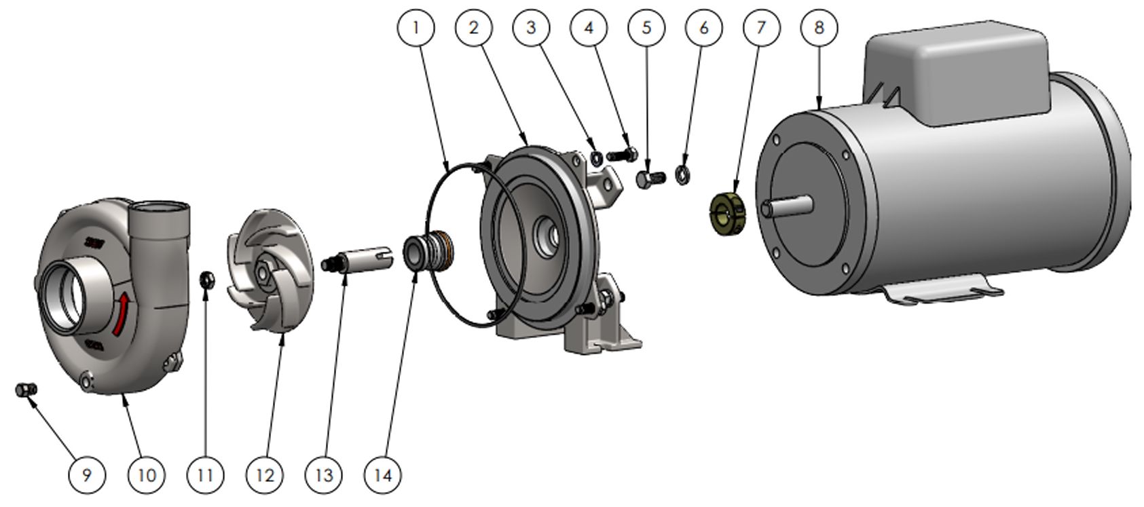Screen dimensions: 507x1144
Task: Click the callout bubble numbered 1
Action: click(416, 27)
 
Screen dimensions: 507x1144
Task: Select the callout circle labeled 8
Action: click(819, 27)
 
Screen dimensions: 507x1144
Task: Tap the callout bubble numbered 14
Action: click(383, 475)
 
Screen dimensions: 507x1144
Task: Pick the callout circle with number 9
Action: click(87, 475)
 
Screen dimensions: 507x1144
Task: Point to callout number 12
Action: click(265, 475)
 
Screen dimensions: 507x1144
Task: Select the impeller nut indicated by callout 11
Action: click(207, 278)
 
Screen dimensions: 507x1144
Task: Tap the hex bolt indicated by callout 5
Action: click(650, 179)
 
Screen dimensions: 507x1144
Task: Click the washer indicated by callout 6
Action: click(683, 174)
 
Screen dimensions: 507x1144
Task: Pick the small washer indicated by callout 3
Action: click(596, 159)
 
